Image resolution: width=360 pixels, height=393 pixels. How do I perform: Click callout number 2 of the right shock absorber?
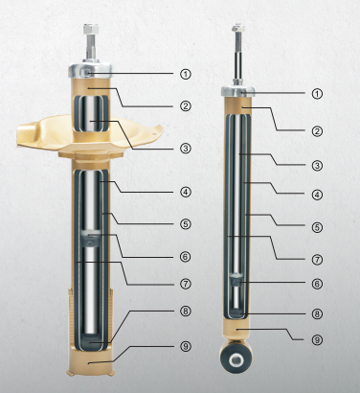tap(317, 129)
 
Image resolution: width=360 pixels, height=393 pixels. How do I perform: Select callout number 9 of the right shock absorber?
tap(317, 338)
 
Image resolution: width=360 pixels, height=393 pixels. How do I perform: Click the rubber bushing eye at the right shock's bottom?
tap(236, 361)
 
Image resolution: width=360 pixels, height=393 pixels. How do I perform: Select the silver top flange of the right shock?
tap(236, 92)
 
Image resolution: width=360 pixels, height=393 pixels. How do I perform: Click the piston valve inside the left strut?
tap(91, 238)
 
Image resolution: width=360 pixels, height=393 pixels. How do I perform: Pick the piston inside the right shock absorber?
tap(236, 280)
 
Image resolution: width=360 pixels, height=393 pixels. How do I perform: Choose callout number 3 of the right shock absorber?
tap(317, 165)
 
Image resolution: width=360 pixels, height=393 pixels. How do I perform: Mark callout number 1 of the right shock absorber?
tap(317, 93)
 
